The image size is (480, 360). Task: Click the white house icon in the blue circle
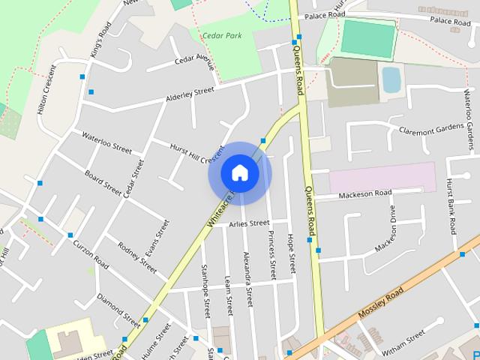(239, 172)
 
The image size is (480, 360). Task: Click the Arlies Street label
(249, 223)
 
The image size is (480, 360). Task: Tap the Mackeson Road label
(365, 194)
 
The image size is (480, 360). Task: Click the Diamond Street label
(118, 305)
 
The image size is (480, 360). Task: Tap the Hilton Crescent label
(47, 89)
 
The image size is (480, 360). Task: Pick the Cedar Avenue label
(194, 60)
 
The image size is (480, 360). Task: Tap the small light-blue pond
(391, 79)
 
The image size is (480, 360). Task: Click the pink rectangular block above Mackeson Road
(382, 177)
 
